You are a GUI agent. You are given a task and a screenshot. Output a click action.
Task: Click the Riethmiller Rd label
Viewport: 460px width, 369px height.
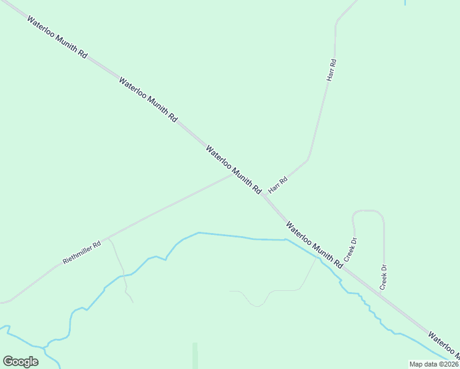(x=81, y=252)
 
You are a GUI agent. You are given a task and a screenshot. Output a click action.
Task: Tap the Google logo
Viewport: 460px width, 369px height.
(x=20, y=361)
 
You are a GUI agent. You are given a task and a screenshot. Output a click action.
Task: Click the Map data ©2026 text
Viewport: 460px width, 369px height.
(x=434, y=363)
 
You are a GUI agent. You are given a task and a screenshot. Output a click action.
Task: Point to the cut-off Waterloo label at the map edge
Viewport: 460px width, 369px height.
(x=443, y=345)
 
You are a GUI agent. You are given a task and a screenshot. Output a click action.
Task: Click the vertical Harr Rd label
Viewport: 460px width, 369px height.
(x=331, y=71)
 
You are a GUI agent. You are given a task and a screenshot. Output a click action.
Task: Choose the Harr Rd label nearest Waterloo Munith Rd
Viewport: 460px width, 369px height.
(x=278, y=185)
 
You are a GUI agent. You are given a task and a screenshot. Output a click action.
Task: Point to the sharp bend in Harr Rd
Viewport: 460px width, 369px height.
(x=307, y=159)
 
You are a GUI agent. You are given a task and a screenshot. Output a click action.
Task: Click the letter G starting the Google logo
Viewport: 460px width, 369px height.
(x=7, y=361)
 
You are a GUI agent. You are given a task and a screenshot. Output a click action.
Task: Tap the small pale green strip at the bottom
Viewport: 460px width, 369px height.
(x=195, y=355)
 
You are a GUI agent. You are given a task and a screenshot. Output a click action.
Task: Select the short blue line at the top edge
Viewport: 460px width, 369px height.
(x=405, y=2)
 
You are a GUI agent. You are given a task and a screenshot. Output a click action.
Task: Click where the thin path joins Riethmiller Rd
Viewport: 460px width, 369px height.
(x=109, y=238)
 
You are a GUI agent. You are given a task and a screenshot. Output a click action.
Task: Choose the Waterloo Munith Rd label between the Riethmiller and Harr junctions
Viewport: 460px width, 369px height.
(x=234, y=170)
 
